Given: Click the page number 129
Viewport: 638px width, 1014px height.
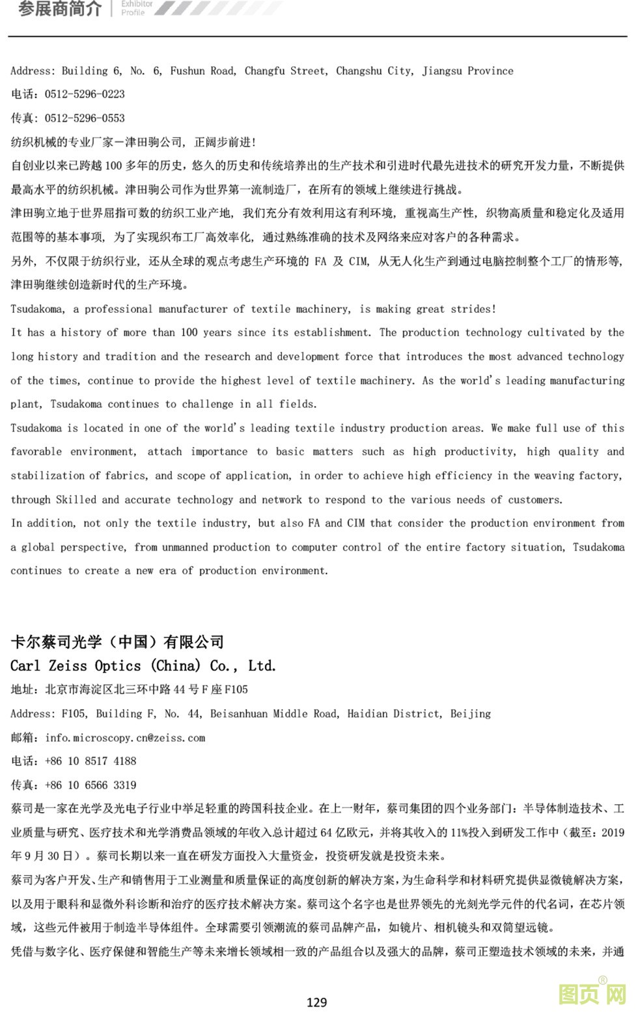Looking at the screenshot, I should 316,1002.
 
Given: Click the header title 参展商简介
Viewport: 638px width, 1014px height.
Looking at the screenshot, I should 60,9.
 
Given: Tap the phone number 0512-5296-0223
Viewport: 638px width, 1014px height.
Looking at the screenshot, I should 85,94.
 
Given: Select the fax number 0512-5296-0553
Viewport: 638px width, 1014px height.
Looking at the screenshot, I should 85,119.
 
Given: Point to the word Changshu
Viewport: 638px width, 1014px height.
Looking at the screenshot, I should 359,71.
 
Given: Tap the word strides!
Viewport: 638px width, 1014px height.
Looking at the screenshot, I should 473,309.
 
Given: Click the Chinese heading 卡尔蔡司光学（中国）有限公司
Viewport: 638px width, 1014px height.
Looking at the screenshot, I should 117,642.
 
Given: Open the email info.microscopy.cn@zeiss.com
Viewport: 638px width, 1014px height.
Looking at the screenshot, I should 125,738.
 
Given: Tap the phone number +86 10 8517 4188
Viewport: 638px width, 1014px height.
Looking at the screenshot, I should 90,761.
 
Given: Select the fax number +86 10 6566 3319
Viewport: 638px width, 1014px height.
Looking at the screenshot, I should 90,785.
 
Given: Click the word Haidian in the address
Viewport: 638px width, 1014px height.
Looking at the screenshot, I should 371,714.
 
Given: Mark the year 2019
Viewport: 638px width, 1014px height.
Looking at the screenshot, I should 612,833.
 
